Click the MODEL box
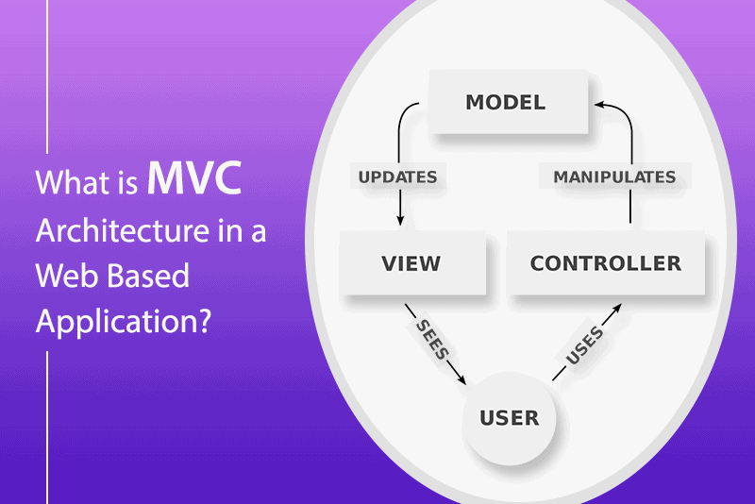pyautogui.click(x=509, y=102)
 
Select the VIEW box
pyautogui.click(x=412, y=262)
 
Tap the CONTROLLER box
pyautogui.click(x=606, y=262)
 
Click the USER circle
pyautogui.click(x=509, y=418)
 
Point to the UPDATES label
pyautogui.click(x=397, y=176)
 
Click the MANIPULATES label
pyautogui.click(x=615, y=176)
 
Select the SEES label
pyautogui.click(x=432, y=340)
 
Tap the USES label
pyautogui.click(x=584, y=345)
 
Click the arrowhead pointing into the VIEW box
pyautogui.click(x=400, y=220)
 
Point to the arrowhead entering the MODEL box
pyautogui.click(x=600, y=104)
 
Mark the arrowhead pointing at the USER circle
pyautogui.click(x=461, y=379)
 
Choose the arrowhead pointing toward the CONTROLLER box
pyautogui.click(x=616, y=309)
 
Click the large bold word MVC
pyautogui.click(x=194, y=177)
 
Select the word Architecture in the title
pyautogui.click(x=123, y=230)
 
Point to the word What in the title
pyautogui.click(x=67, y=182)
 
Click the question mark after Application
pyautogui.click(x=204, y=320)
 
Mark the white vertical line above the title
pyautogui.click(x=47, y=76)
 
